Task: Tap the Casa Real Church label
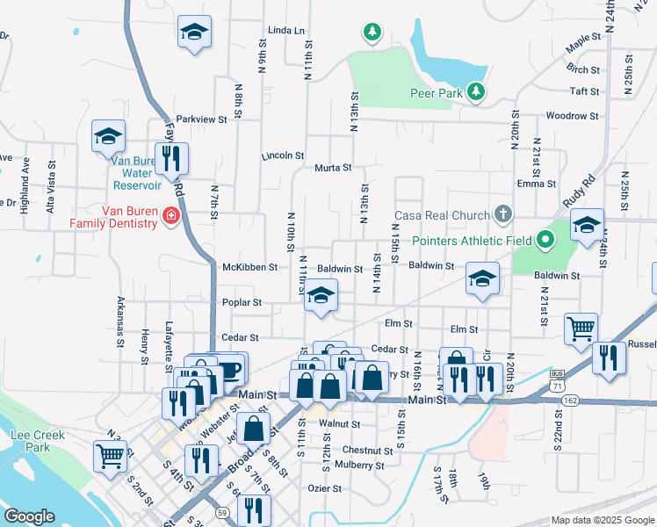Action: click(440, 215)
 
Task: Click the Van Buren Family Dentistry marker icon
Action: click(172, 217)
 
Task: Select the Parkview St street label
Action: click(201, 119)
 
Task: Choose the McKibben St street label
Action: click(249, 267)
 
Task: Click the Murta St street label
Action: click(333, 167)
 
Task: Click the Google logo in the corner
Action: click(29, 516)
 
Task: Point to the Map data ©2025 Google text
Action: click(602, 520)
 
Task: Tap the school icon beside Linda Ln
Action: click(194, 33)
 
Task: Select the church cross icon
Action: click(502, 213)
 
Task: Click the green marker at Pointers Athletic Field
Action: click(545, 238)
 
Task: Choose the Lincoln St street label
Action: click(281, 155)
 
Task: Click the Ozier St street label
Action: click(323, 487)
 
